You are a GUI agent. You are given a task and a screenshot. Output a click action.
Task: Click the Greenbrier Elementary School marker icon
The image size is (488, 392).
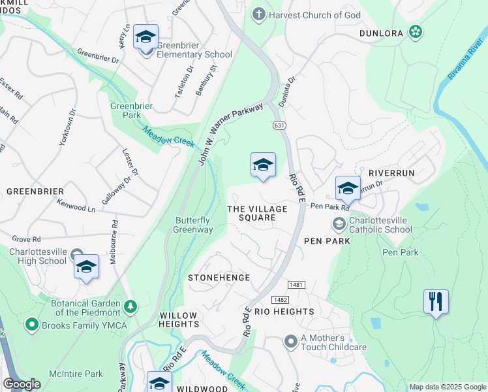coord(145,37)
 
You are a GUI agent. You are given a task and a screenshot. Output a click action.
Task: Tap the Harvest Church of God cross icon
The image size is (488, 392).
coord(259,14)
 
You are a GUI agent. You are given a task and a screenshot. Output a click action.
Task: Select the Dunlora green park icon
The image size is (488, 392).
coord(414,31)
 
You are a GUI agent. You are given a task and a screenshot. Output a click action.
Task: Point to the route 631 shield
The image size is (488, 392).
coord(278,124)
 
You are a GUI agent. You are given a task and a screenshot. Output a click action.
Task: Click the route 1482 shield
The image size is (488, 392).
coord(281,299)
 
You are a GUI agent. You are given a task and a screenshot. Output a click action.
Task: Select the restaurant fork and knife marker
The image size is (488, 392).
coord(436,301)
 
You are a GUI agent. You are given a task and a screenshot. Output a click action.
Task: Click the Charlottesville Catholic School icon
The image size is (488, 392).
coord(339,224)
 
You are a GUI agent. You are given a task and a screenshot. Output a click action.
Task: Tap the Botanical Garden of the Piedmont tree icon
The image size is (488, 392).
coord(131,305)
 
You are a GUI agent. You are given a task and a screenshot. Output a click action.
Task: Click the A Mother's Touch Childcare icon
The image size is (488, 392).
coord(291,341)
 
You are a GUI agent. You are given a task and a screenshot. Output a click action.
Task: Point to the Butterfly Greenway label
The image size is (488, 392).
coord(193,225)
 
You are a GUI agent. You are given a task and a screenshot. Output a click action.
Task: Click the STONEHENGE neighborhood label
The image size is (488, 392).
coord(219,278)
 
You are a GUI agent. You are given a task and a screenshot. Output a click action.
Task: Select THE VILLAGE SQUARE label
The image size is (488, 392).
coord(257,213)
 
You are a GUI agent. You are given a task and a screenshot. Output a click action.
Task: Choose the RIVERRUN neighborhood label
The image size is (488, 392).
coord(391,173)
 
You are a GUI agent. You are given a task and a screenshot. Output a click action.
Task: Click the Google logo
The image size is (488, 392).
coord(22,384)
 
